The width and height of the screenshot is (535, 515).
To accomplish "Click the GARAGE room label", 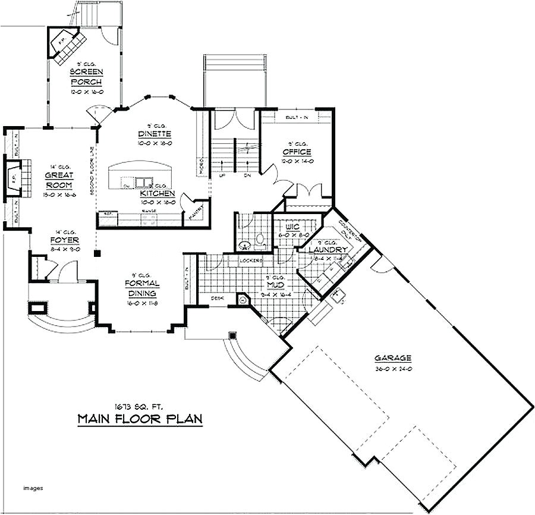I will point(393,358).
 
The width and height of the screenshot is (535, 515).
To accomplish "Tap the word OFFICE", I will point(297,152).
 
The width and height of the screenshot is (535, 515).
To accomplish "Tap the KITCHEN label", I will point(158,193).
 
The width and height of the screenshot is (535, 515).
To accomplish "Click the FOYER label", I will point(65,240).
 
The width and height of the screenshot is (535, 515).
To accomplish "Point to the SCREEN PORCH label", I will point(86,77).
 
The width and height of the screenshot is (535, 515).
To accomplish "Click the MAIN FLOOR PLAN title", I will point(140,419).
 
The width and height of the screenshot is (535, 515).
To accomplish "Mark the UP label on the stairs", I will point(222,177).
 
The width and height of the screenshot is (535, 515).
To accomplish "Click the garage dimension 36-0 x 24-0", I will point(393,369).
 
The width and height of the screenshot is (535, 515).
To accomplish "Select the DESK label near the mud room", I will point(217,298).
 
